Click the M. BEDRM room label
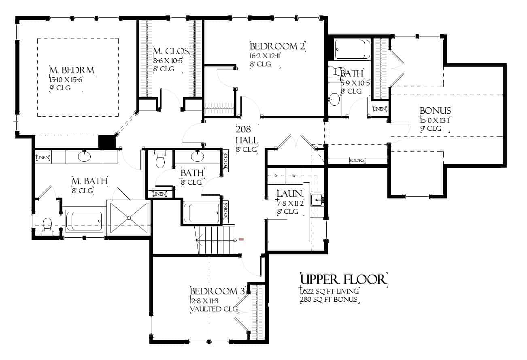tap(72, 70)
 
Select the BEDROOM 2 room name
tap(277, 46)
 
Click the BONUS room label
tap(435, 111)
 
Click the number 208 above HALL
tap(244, 130)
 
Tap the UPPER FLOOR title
tap(343, 279)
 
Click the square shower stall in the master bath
tap(129, 217)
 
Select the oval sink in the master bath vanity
tap(85, 156)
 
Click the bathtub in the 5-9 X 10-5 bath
tap(352, 49)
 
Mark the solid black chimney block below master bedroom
tap(107, 142)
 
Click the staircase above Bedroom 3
tap(215, 240)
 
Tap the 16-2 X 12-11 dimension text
tap(265, 55)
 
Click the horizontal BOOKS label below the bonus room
tap(357, 161)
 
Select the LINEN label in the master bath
tap(43, 157)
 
